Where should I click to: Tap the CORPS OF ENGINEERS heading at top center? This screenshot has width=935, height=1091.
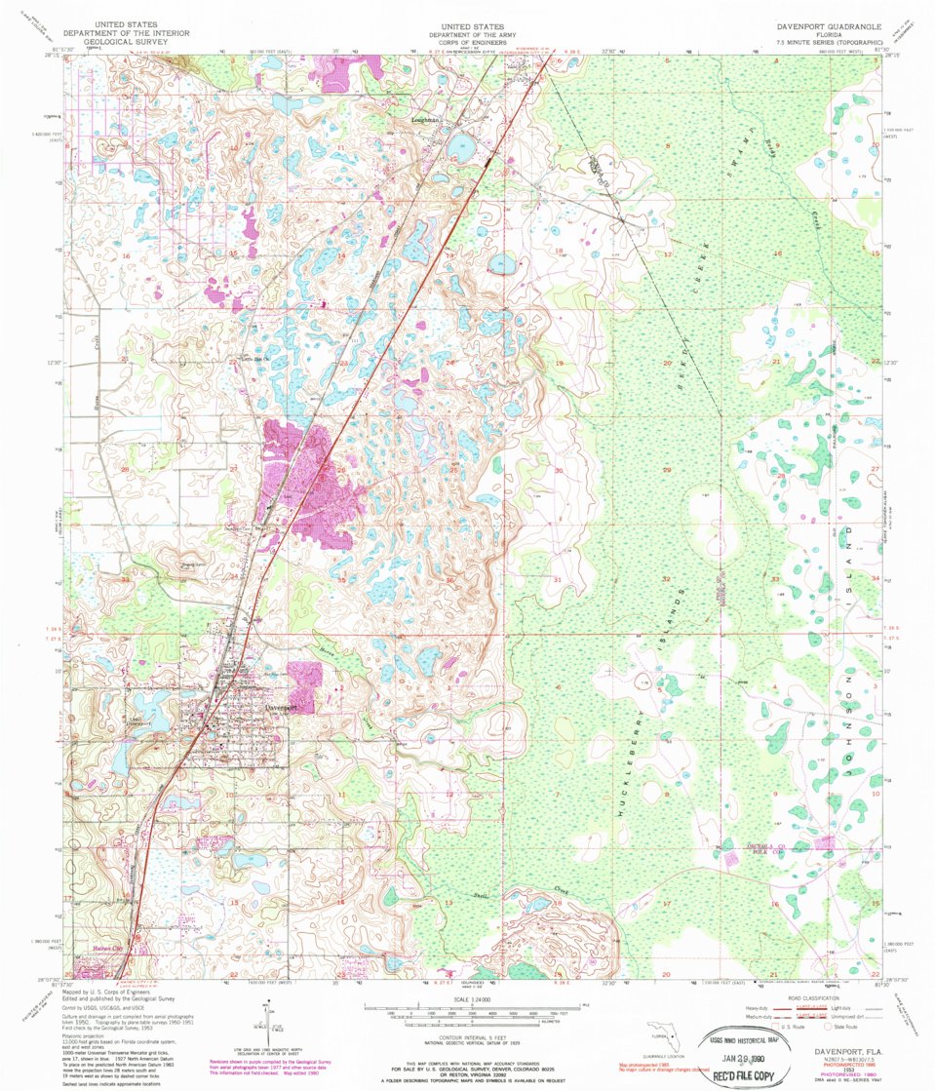(x=472, y=43)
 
